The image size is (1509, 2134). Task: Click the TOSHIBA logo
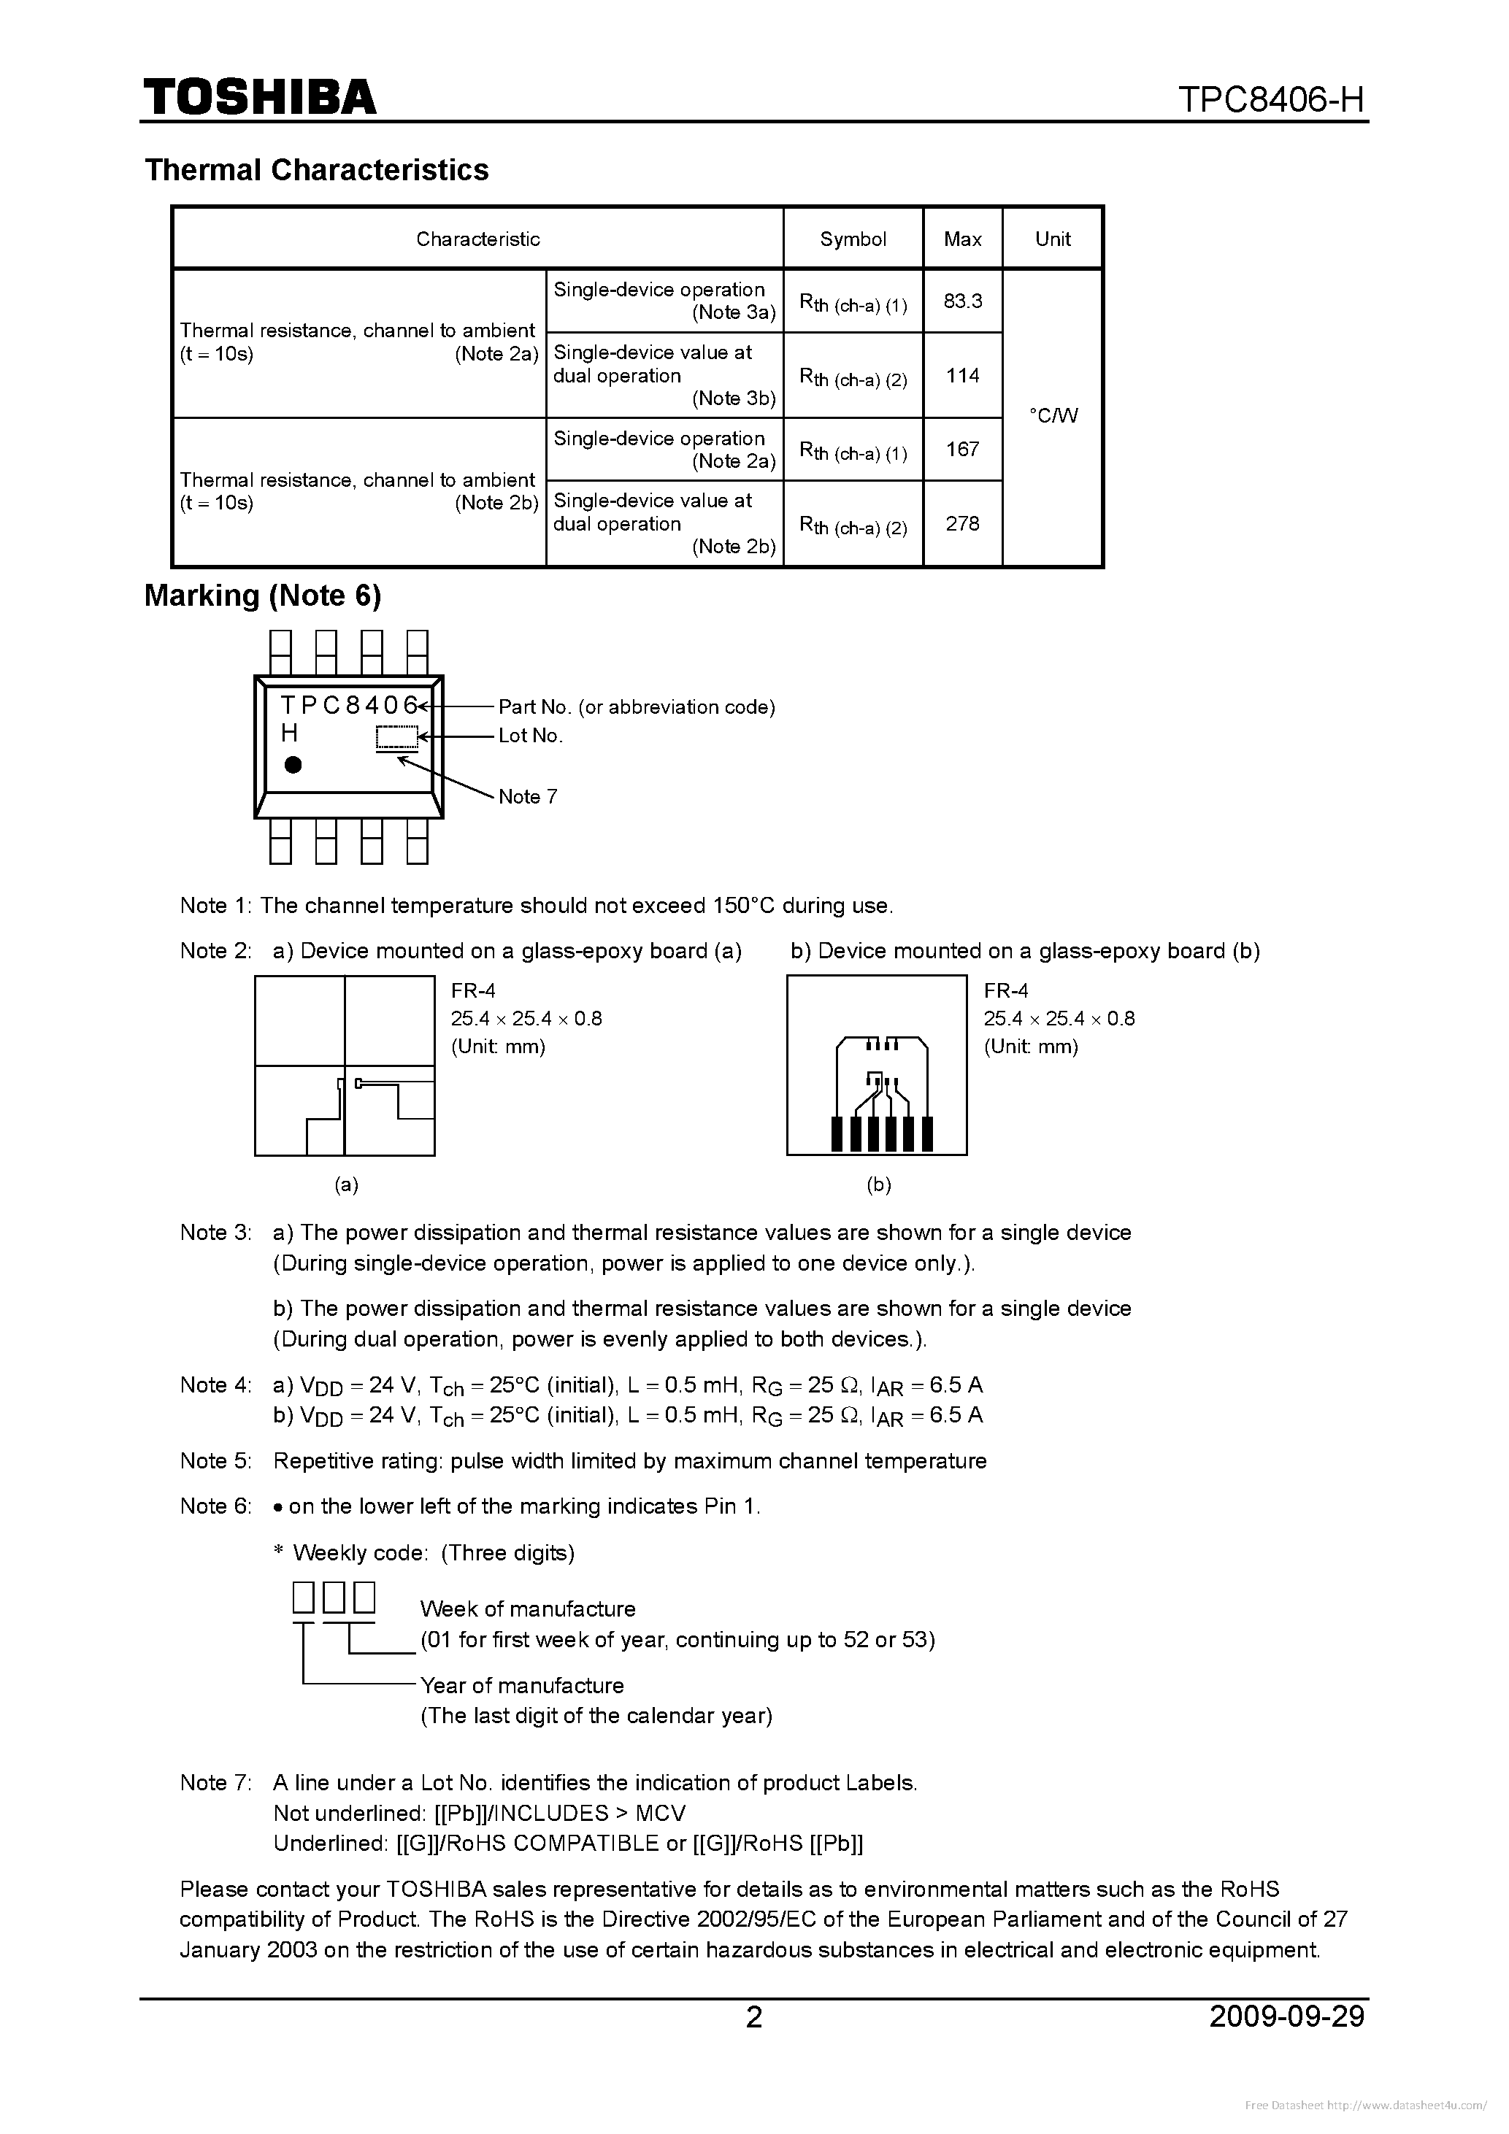tap(259, 96)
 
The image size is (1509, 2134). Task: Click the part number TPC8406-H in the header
tap(1271, 99)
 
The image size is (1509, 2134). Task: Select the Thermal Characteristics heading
tap(316, 170)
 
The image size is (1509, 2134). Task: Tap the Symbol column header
tap(853, 239)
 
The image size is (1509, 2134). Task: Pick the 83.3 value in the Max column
tap(962, 301)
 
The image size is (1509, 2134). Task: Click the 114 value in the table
tap(962, 376)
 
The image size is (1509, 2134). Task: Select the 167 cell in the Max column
tap(962, 450)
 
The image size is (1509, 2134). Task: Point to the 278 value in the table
tap(962, 524)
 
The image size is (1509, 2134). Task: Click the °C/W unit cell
tap(1053, 415)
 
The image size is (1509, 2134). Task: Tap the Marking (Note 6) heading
tap(262, 596)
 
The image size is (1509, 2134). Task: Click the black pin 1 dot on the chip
tap(293, 765)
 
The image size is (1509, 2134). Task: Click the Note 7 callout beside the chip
tap(528, 796)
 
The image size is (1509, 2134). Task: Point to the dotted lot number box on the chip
tap(396, 737)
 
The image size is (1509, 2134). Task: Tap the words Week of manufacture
tap(527, 1609)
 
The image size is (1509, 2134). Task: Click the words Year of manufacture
tap(521, 1685)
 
